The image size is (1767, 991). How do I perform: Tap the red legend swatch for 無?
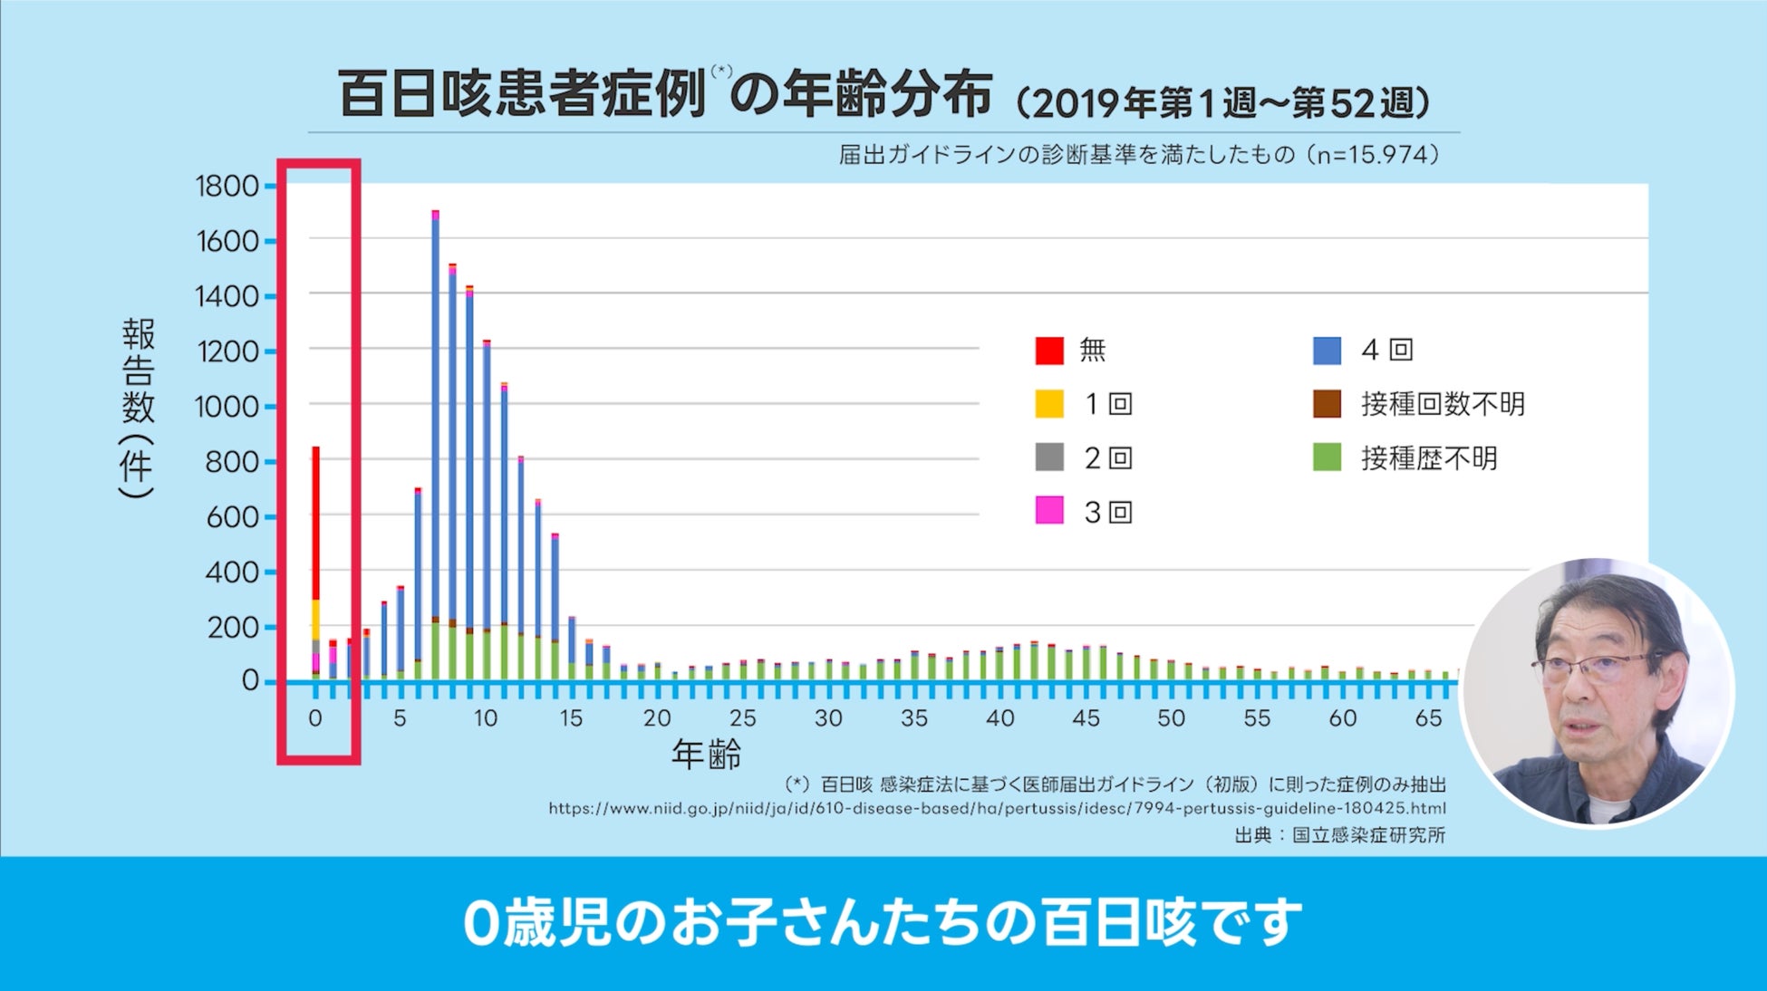click(x=1048, y=351)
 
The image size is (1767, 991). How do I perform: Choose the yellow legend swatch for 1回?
click(x=1048, y=404)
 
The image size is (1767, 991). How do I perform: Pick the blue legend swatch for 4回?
click(x=1327, y=351)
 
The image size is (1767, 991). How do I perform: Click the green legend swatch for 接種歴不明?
click(x=1327, y=457)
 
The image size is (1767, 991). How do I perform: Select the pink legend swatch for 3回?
click(x=1048, y=511)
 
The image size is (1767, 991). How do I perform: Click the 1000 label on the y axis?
click(x=227, y=407)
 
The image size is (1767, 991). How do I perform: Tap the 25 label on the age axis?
click(x=742, y=718)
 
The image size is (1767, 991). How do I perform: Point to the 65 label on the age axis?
click(x=1428, y=718)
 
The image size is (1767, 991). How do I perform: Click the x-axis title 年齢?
click(x=706, y=754)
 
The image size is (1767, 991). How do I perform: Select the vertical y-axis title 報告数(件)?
click(x=138, y=408)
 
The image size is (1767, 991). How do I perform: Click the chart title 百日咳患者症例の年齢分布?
click(x=665, y=95)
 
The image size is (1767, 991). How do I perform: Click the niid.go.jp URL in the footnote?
click(x=997, y=808)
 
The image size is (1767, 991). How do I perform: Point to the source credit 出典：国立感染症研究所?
click(x=1339, y=834)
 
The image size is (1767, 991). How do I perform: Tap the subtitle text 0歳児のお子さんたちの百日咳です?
click(x=883, y=923)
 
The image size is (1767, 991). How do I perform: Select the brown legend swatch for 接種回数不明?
click(x=1327, y=404)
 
